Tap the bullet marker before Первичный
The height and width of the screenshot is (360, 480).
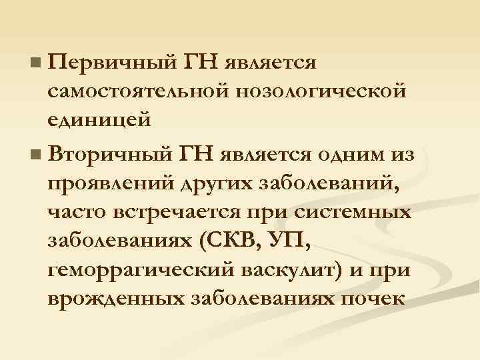(35, 65)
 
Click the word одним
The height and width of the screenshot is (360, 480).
(351, 155)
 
